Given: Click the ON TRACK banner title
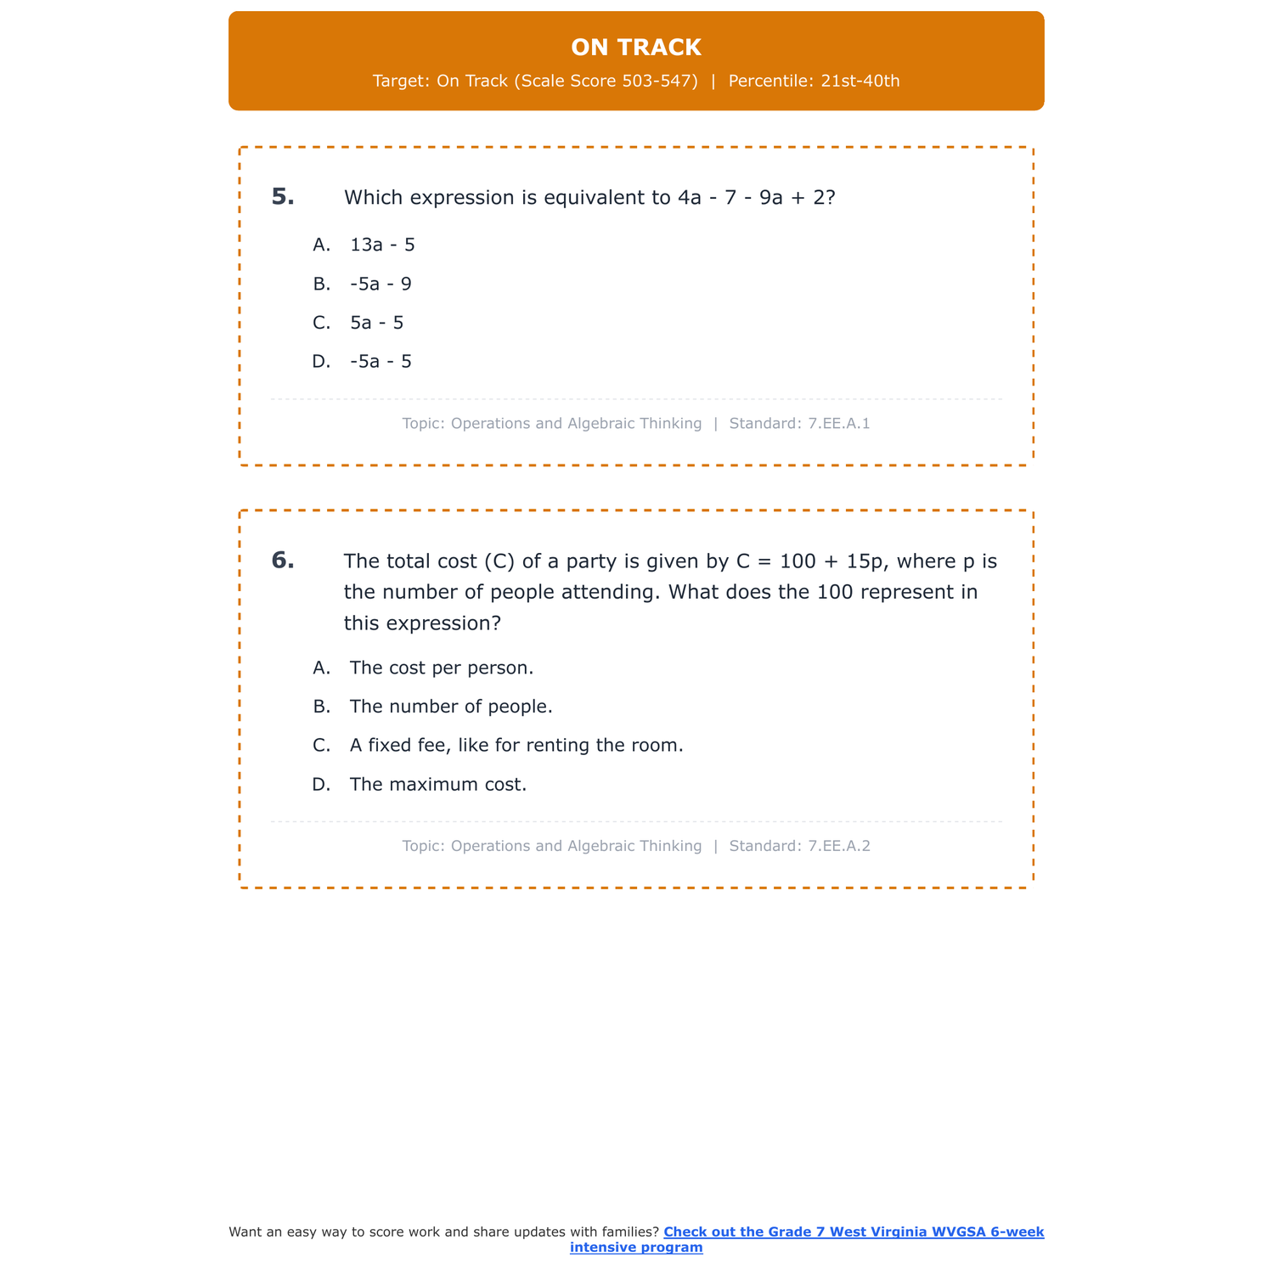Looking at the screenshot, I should pyautogui.click(x=636, y=48).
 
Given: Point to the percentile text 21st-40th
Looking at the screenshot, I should pyautogui.click(x=860, y=82).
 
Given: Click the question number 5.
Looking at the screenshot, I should pyautogui.click(x=283, y=197).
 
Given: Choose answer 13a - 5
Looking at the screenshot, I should pyautogui.click(x=382, y=245).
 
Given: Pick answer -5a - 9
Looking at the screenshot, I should pyautogui.click(x=381, y=285).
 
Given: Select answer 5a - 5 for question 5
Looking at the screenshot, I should pyautogui.click(x=376, y=324).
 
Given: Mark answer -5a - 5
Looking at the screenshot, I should pyautogui.click(x=381, y=362).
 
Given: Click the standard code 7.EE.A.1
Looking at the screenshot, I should pyautogui.click(x=839, y=424).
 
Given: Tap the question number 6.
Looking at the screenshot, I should pyautogui.click(x=283, y=561).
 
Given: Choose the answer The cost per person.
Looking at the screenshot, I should pyautogui.click(x=442, y=668).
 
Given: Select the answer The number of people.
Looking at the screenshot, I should pyautogui.click(x=451, y=707).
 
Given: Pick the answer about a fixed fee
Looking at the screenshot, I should pyautogui.click(x=516, y=746).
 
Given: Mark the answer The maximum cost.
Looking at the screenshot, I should pyautogui.click(x=438, y=785).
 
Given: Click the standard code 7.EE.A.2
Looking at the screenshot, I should pyautogui.click(x=839, y=847).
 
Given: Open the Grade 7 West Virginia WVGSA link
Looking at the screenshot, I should pyautogui.click(x=853, y=1232).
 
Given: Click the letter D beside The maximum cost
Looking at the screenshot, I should pyautogui.click(x=320, y=785).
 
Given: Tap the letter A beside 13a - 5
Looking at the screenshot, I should pyautogui.click(x=321, y=245).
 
